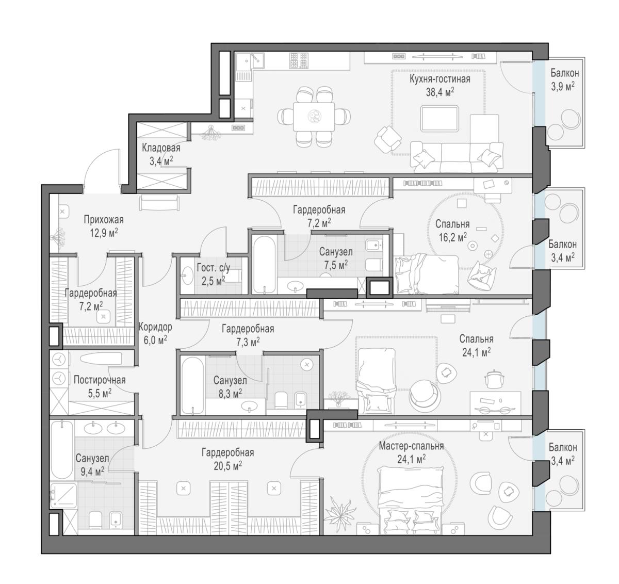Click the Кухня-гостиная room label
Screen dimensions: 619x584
(440, 79)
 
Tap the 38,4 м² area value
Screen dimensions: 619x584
(440, 92)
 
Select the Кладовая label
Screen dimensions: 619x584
(161, 148)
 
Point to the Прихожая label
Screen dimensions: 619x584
(104, 219)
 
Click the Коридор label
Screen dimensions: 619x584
(155, 327)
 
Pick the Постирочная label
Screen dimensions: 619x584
(100, 380)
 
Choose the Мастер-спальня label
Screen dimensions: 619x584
(411, 446)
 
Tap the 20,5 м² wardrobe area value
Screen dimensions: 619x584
(228, 466)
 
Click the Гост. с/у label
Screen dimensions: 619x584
(214, 268)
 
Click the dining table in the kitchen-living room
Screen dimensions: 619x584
(314, 117)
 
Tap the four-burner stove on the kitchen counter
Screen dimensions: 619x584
(299, 60)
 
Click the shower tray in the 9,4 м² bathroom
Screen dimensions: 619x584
(64, 495)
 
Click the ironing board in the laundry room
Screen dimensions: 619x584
(101, 359)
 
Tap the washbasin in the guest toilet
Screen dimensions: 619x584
(187, 275)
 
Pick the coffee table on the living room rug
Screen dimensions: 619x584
(439, 119)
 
